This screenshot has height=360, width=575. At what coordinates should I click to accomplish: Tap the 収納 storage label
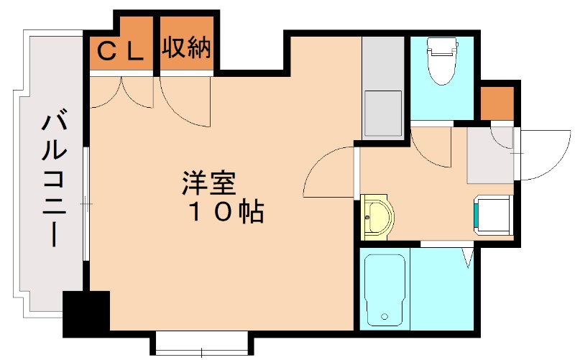tap(186, 49)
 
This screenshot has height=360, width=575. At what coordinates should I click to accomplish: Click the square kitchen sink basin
tap(382, 113)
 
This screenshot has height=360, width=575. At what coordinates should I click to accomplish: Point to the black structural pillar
tap(86, 313)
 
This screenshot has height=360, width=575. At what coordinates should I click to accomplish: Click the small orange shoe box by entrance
tap(497, 103)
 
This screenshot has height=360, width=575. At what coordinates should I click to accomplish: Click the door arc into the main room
tap(330, 172)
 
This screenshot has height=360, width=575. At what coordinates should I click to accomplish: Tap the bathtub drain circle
tap(385, 315)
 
